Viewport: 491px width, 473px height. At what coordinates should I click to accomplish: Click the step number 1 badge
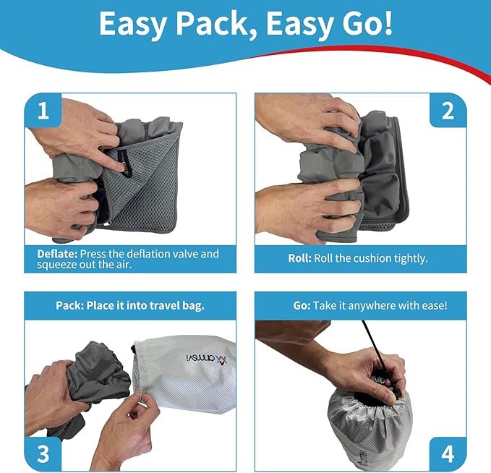(x=43, y=111)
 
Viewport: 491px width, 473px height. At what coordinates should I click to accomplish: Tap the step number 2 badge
(x=448, y=111)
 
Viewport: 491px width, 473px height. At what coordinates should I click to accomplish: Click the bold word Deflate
(x=57, y=255)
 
